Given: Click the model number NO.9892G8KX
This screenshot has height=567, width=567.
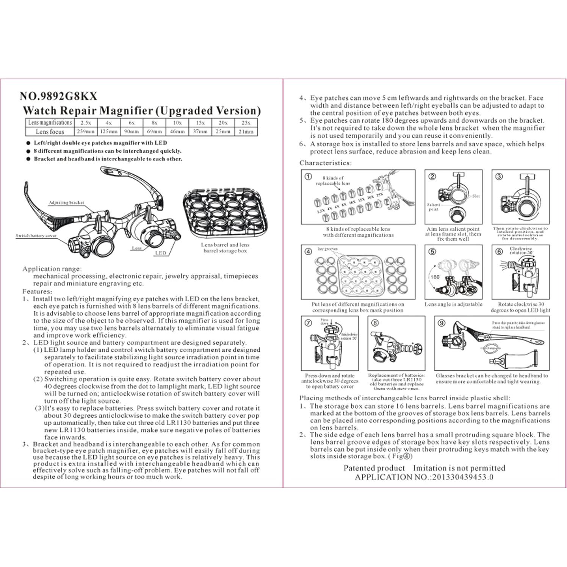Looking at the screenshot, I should point(58,96).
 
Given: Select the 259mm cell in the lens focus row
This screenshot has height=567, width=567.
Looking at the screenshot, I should point(86,132).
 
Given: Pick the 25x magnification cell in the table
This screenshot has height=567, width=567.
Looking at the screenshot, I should point(246,123).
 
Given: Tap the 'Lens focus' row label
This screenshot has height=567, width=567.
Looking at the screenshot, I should point(50,132).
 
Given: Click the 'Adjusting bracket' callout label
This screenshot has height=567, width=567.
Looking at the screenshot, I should point(66,203).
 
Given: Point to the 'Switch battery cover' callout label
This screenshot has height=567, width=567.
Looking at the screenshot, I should point(36,236).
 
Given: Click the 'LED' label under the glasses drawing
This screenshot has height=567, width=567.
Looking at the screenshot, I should point(160,253).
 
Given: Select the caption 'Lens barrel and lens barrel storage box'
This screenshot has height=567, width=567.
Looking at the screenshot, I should point(225,247).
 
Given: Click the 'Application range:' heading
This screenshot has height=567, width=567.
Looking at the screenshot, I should point(52,269).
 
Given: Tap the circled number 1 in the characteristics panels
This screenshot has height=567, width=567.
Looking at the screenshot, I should point(308,176).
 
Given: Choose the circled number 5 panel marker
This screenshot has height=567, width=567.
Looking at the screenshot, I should point(432,251).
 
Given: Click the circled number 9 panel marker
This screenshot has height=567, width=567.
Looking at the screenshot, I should point(441,323).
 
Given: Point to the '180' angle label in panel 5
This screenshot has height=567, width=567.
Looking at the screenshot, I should point(435,277).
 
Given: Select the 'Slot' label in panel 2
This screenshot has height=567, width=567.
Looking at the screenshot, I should point(476,196).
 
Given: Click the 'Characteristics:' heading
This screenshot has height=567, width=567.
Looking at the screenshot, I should point(325,163).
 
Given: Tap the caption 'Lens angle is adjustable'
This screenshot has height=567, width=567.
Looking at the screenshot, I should point(453,304).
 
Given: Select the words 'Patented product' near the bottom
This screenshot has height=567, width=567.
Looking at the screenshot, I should point(374,468).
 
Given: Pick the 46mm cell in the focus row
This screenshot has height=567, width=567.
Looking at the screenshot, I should point(177,132).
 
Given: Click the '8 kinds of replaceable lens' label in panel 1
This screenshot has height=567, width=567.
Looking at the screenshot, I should point(333,180).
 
